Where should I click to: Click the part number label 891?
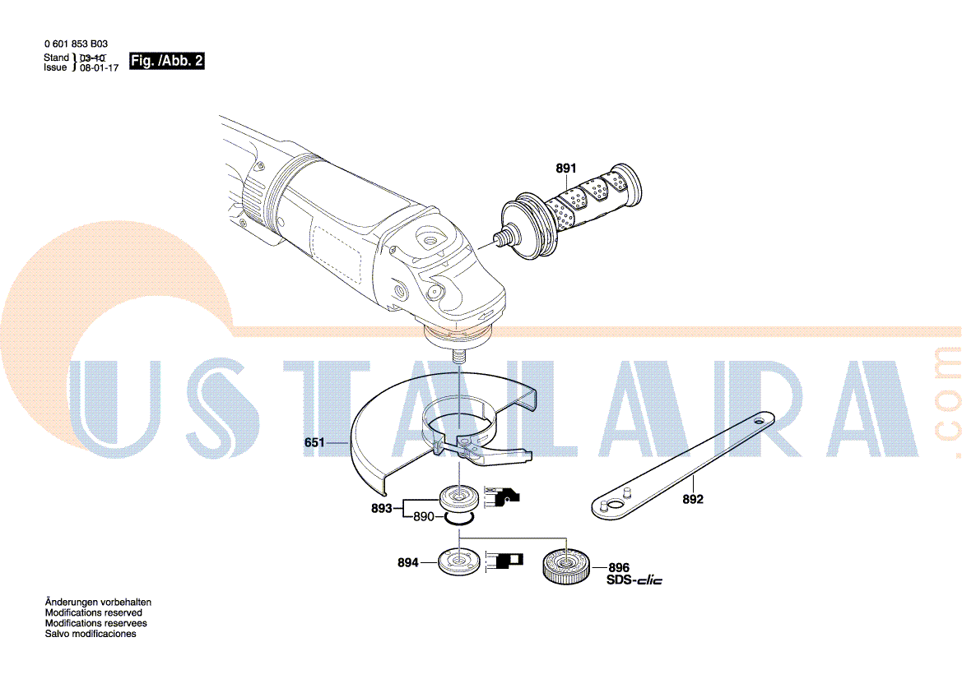tap(565, 168)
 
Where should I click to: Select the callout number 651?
tap(314, 441)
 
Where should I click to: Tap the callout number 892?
tap(693, 499)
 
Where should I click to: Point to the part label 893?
tap(381, 508)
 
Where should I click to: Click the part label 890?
tap(423, 516)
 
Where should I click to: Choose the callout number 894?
tap(408, 562)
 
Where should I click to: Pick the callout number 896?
tap(619, 567)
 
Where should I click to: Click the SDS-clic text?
tap(634, 580)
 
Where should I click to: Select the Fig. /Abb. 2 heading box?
tap(166, 61)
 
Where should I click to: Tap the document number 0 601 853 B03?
tap(76, 44)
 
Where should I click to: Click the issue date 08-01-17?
tap(100, 68)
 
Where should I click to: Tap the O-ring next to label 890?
tap(459, 519)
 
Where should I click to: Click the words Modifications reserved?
tap(93, 612)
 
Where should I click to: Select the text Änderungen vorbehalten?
tap(98, 603)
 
